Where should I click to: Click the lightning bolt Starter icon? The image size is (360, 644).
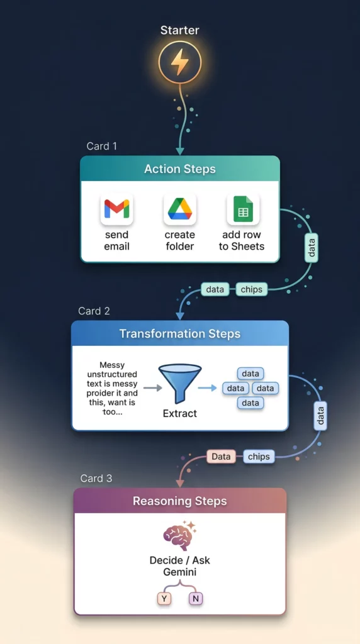pos(179,63)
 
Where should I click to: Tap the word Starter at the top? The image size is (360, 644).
pos(179,30)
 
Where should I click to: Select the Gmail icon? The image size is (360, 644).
pos(116,209)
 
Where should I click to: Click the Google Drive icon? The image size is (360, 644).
pos(179,209)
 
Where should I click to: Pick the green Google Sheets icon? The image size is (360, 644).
pos(242,209)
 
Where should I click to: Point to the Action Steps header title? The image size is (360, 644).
pos(179,169)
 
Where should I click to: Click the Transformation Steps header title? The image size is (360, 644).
pos(179,334)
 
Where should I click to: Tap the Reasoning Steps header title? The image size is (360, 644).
pos(179,501)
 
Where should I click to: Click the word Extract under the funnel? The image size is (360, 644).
pos(179,413)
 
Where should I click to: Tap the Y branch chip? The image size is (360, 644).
pos(164,599)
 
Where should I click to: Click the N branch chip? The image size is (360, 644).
pos(196,599)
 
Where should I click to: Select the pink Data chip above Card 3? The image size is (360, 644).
pos(221,457)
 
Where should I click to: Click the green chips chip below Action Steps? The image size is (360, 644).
pos(252,289)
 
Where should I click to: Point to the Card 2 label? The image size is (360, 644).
pos(94,311)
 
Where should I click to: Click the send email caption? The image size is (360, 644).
pos(116,241)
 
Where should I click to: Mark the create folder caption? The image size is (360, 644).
pos(179,241)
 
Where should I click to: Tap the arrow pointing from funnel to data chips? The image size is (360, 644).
pos(207,388)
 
